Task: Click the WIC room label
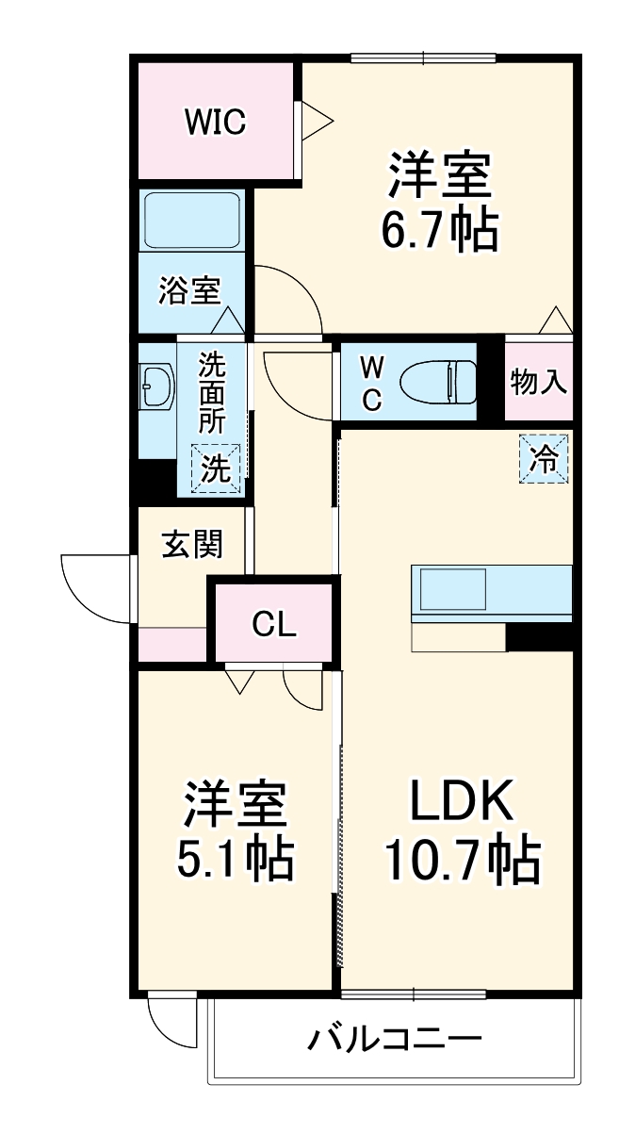pyautogui.click(x=215, y=121)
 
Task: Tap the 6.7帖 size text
pyautogui.click(x=439, y=229)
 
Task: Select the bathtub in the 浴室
pyautogui.click(x=192, y=222)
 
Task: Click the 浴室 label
pyautogui.click(x=189, y=291)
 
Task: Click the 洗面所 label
pyautogui.click(x=212, y=392)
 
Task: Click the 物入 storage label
pyautogui.click(x=539, y=383)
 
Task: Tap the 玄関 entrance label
pyautogui.click(x=191, y=544)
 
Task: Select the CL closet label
pyautogui.click(x=273, y=623)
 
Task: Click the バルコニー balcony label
pyautogui.click(x=396, y=1040)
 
